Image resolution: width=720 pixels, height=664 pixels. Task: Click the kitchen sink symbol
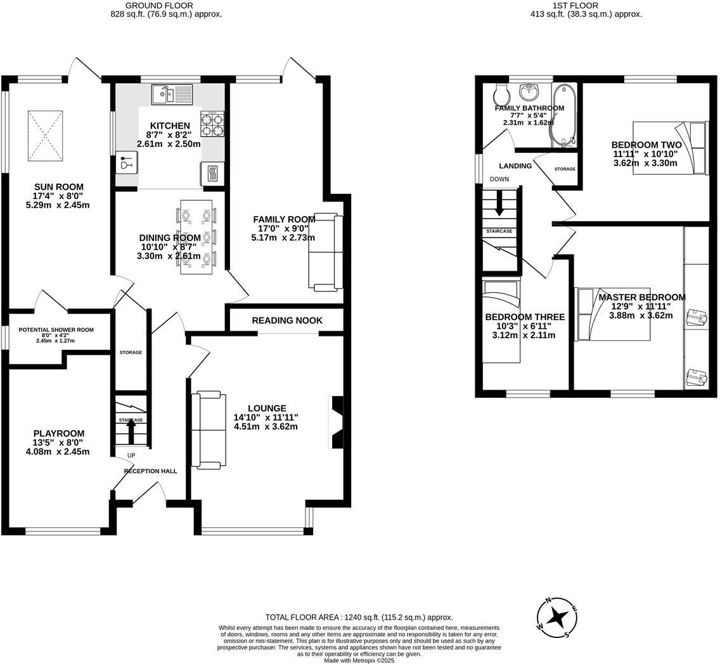click(172, 96)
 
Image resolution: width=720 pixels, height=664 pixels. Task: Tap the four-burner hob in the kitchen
click(212, 124)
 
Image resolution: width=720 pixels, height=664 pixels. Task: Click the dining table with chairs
click(196, 237)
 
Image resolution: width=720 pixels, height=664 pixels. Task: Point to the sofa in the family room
click(325, 253)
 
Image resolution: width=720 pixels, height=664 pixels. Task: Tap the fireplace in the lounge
click(337, 422)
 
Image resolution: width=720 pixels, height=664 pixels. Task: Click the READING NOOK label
click(287, 321)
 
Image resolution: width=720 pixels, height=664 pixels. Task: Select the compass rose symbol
click(557, 617)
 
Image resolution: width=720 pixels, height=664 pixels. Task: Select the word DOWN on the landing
click(499, 179)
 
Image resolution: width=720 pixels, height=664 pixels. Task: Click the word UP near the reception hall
click(131, 456)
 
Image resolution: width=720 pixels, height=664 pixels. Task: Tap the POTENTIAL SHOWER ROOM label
click(56, 330)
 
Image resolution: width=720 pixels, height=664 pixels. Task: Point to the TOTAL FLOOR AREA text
click(359, 617)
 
